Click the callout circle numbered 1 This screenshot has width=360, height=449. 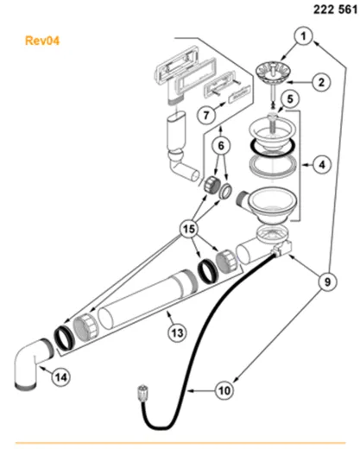[x=303, y=36]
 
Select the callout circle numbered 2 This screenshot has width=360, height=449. [x=319, y=83]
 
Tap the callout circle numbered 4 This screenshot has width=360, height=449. [x=319, y=161]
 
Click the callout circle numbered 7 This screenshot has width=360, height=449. [x=206, y=114]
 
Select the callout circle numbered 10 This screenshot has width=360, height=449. [x=224, y=390]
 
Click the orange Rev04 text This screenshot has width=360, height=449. [x=41, y=40]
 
